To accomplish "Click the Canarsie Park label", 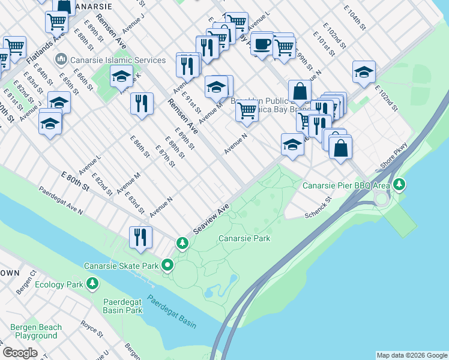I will (x=244, y=238).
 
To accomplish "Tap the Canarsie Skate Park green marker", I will (x=167, y=264).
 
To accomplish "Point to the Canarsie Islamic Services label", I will (x=118, y=60).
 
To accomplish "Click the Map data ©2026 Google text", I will (x=411, y=355).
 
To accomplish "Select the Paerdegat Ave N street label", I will (x=61, y=201).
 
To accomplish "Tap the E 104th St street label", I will (x=355, y=18).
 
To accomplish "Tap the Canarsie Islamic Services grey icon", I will (x=61, y=60).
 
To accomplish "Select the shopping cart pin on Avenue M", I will (x=247, y=110).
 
